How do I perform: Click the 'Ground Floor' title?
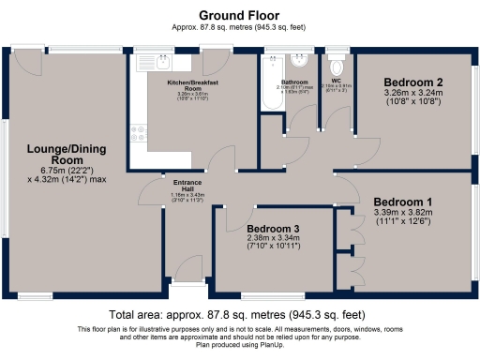click(239, 15)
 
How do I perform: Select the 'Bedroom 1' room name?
click(402, 202)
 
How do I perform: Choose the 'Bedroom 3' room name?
click(274, 228)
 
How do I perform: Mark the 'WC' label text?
click(335, 81)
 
